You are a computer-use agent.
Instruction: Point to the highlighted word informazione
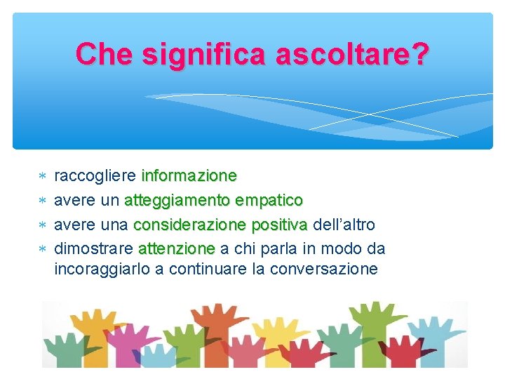[189, 175]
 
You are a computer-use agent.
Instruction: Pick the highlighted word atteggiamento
[177, 200]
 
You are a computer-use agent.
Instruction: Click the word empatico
[269, 200]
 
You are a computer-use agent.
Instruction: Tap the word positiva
[279, 225]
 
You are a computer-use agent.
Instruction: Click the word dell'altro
[344, 225]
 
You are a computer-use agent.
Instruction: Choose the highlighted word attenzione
[177, 248]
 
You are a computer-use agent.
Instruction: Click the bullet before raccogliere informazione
[41, 175]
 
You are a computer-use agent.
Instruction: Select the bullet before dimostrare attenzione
[41, 249]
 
